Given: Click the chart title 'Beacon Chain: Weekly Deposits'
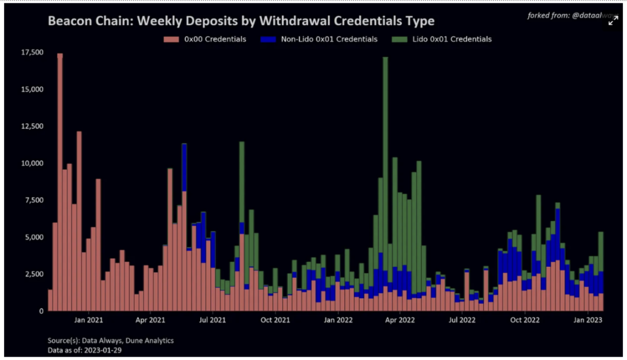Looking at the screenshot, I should pyautogui.click(x=240, y=21).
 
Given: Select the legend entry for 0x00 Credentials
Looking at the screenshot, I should pyautogui.click(x=205, y=39).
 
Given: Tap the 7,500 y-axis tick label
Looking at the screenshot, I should pyautogui.click(x=33, y=200).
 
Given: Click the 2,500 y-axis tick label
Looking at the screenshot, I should pyautogui.click(x=33, y=274).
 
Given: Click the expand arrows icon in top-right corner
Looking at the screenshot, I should pyautogui.click(x=613, y=21).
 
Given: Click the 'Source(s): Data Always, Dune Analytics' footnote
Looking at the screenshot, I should pyautogui.click(x=110, y=341).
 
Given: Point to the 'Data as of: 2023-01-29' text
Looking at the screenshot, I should pyautogui.click(x=85, y=350).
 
